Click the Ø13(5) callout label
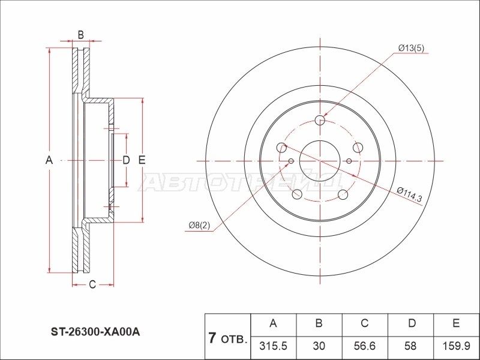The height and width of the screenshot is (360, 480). tap(411, 48)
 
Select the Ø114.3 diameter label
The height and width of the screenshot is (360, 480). tap(410, 194)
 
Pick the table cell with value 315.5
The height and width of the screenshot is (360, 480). tap(273, 347)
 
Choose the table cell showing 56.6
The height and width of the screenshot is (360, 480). tap(364, 347)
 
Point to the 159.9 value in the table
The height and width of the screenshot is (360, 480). tap(455, 347)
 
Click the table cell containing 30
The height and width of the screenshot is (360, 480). tap(319, 347)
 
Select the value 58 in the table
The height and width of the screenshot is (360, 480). tap(410, 347)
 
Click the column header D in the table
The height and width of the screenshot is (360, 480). tap(410, 324)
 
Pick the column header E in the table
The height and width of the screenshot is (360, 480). tap(455, 324)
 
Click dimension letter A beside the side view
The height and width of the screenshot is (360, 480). tap(50, 160)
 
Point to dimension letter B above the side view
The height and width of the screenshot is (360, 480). tap(80, 35)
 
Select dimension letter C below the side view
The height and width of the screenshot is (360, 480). tap(92, 284)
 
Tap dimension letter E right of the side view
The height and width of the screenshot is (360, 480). tap(142, 160)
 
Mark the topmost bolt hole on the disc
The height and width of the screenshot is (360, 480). tap(320, 121)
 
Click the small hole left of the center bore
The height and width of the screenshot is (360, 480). tap(291, 161)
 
